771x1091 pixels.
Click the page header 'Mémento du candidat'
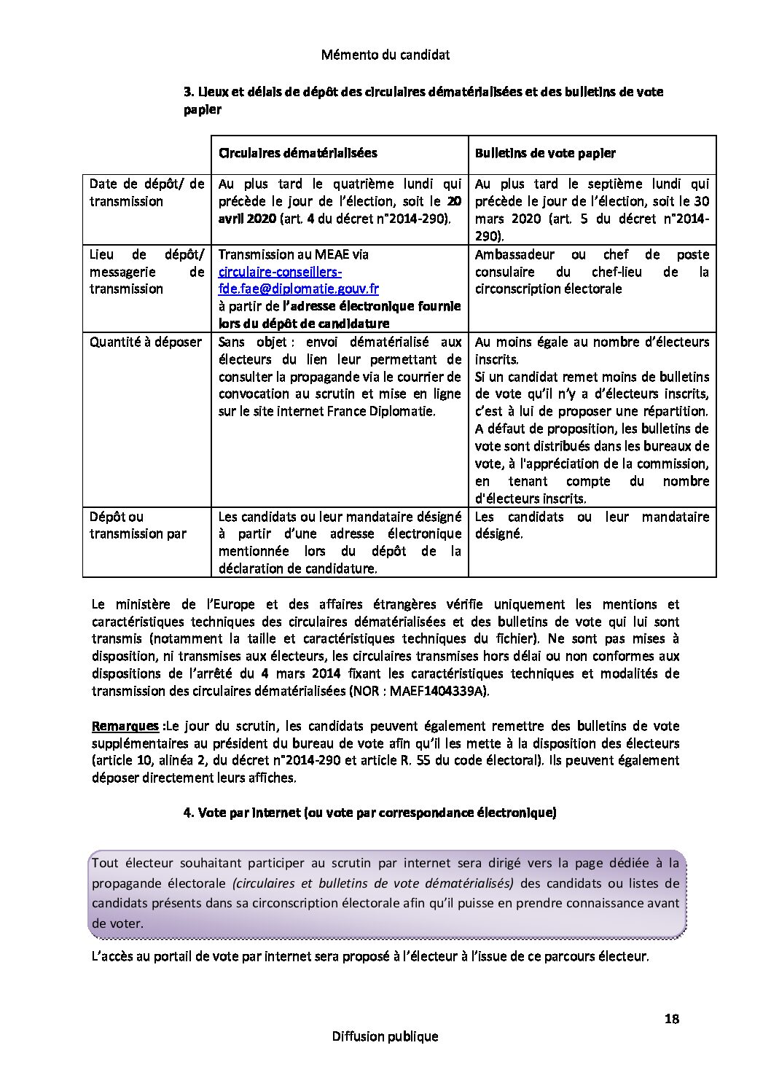tap(385, 55)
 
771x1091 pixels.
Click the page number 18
tap(671, 1019)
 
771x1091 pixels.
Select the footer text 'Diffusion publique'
tap(385, 1036)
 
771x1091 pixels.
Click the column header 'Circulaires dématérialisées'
tap(298, 153)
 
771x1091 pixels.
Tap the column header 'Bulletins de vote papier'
tap(545, 153)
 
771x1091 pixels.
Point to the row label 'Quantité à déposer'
tap(146, 342)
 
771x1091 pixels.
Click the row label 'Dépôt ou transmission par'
tap(138, 525)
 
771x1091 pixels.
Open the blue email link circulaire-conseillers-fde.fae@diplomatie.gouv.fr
tap(298, 281)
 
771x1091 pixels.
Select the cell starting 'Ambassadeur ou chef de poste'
tap(592, 272)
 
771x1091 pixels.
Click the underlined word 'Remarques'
tap(125, 726)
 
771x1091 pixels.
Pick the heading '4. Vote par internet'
tap(369, 813)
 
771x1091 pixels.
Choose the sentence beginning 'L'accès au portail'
tap(369, 956)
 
